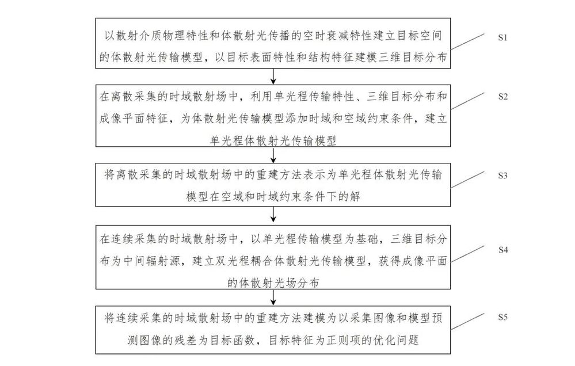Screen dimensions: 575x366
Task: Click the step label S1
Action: coord(502,37)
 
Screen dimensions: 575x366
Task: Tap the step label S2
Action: coord(502,97)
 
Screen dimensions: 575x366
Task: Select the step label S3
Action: coord(502,176)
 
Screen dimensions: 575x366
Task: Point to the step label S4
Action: coord(502,250)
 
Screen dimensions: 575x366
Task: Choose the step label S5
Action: coord(502,317)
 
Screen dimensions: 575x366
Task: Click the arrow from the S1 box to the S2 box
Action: coord(273,77)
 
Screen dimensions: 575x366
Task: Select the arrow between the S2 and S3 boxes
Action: coord(273,155)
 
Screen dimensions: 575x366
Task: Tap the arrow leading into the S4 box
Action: coord(273,214)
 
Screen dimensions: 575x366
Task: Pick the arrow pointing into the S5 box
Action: coord(273,297)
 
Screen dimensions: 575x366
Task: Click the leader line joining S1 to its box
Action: coord(467,41)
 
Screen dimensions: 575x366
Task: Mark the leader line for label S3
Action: coord(467,180)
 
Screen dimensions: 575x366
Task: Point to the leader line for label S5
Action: coord(467,322)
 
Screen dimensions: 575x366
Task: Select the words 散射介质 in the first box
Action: coord(139,36)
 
